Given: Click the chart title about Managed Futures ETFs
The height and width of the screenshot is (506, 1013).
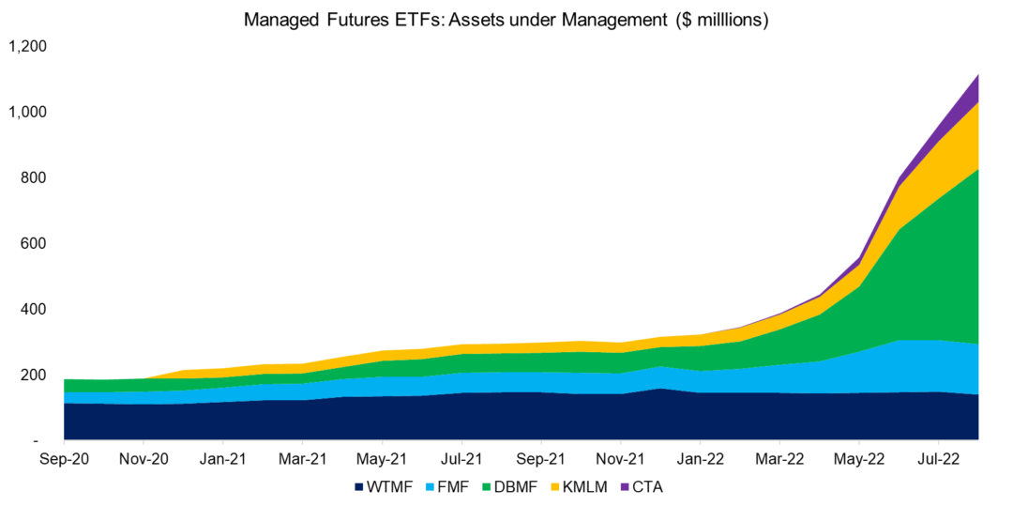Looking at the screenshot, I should coord(506,21).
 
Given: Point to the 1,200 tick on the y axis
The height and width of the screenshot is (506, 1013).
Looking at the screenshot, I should coord(29,46).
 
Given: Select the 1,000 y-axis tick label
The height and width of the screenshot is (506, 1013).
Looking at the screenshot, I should coord(29,112).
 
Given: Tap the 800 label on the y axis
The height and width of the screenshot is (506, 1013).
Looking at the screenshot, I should coord(36,177).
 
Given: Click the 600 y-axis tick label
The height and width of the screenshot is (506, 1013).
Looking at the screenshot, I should coord(36,243).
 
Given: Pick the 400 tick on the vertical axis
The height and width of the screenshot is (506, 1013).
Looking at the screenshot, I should coord(36,309).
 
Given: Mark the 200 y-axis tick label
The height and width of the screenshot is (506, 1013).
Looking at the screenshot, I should coord(36,375).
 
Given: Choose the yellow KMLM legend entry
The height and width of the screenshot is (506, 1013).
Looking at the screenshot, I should coord(587,487).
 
